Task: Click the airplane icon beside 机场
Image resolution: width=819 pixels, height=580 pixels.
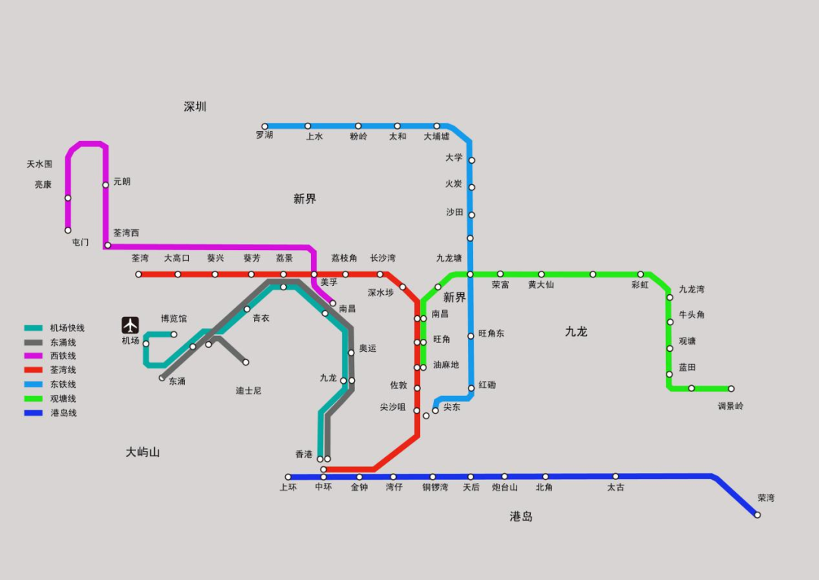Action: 130,325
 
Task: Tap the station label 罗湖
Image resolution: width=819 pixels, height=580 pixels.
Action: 264,136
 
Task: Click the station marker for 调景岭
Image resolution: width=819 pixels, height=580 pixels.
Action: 731,388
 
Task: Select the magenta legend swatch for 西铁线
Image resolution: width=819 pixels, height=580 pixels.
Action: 33,356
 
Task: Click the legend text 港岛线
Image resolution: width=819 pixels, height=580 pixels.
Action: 64,413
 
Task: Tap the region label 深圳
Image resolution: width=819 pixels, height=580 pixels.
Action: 195,107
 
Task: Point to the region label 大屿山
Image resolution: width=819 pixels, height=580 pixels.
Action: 143,453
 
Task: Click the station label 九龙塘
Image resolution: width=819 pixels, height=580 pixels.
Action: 448,259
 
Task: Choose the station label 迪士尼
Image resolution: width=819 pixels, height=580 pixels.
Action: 248,391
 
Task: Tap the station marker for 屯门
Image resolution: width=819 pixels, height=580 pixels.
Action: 67,230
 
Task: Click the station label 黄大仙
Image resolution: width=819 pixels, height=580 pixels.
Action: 541,285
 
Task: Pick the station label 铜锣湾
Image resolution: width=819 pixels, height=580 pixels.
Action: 435,488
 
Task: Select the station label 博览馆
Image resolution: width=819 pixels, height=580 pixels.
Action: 173,319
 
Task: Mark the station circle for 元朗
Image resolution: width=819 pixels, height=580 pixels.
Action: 105,185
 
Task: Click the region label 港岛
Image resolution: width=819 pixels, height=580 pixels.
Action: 521,517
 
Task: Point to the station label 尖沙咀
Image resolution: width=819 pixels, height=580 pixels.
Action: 393,408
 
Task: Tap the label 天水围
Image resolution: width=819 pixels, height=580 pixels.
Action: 39,164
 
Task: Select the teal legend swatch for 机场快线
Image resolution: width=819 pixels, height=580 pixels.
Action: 33,328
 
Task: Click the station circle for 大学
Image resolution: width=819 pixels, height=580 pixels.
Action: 471,160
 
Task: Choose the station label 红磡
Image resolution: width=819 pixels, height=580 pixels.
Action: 487,385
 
